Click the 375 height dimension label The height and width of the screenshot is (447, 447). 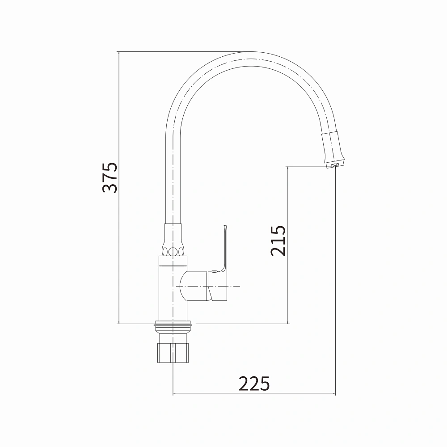pos(110,177)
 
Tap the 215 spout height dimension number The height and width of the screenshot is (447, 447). pos(278,240)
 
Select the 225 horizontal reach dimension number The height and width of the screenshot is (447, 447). pos(254,384)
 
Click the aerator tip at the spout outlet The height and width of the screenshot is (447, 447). pos(335,165)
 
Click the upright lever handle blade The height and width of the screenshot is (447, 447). pos(225,248)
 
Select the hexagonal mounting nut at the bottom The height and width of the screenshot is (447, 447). pos(173,353)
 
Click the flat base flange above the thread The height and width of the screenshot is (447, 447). pos(173,324)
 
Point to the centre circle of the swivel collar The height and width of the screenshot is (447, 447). pos(173,252)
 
